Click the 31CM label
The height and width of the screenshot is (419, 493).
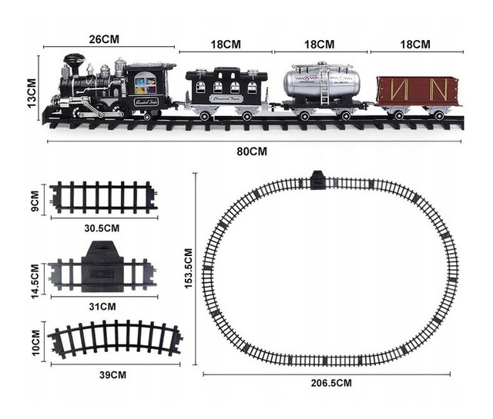[102, 306]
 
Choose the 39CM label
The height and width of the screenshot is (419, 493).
[112, 374]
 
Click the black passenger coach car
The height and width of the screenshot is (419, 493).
[226, 88]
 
